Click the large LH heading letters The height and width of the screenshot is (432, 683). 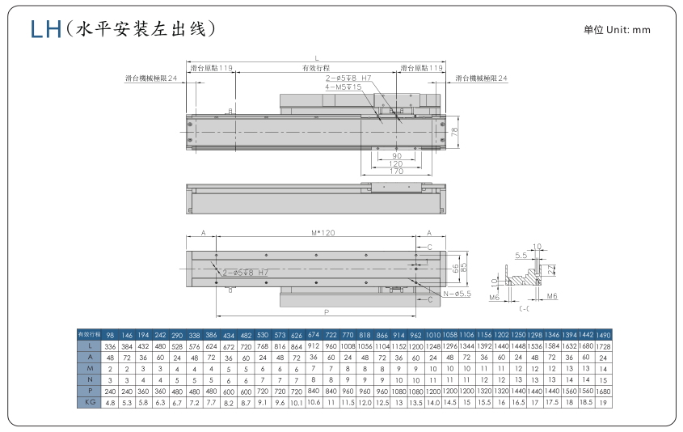click(x=45, y=30)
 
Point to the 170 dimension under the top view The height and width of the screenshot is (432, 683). click(x=396, y=172)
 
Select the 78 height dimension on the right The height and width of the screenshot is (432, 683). click(x=454, y=130)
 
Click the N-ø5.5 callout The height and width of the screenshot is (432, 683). click(x=457, y=293)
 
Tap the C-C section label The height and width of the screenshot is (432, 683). click(x=525, y=308)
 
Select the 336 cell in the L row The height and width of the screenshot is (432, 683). click(x=110, y=345)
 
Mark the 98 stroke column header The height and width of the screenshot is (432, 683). click(x=110, y=333)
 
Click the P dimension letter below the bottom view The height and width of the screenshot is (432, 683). click(x=326, y=311)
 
